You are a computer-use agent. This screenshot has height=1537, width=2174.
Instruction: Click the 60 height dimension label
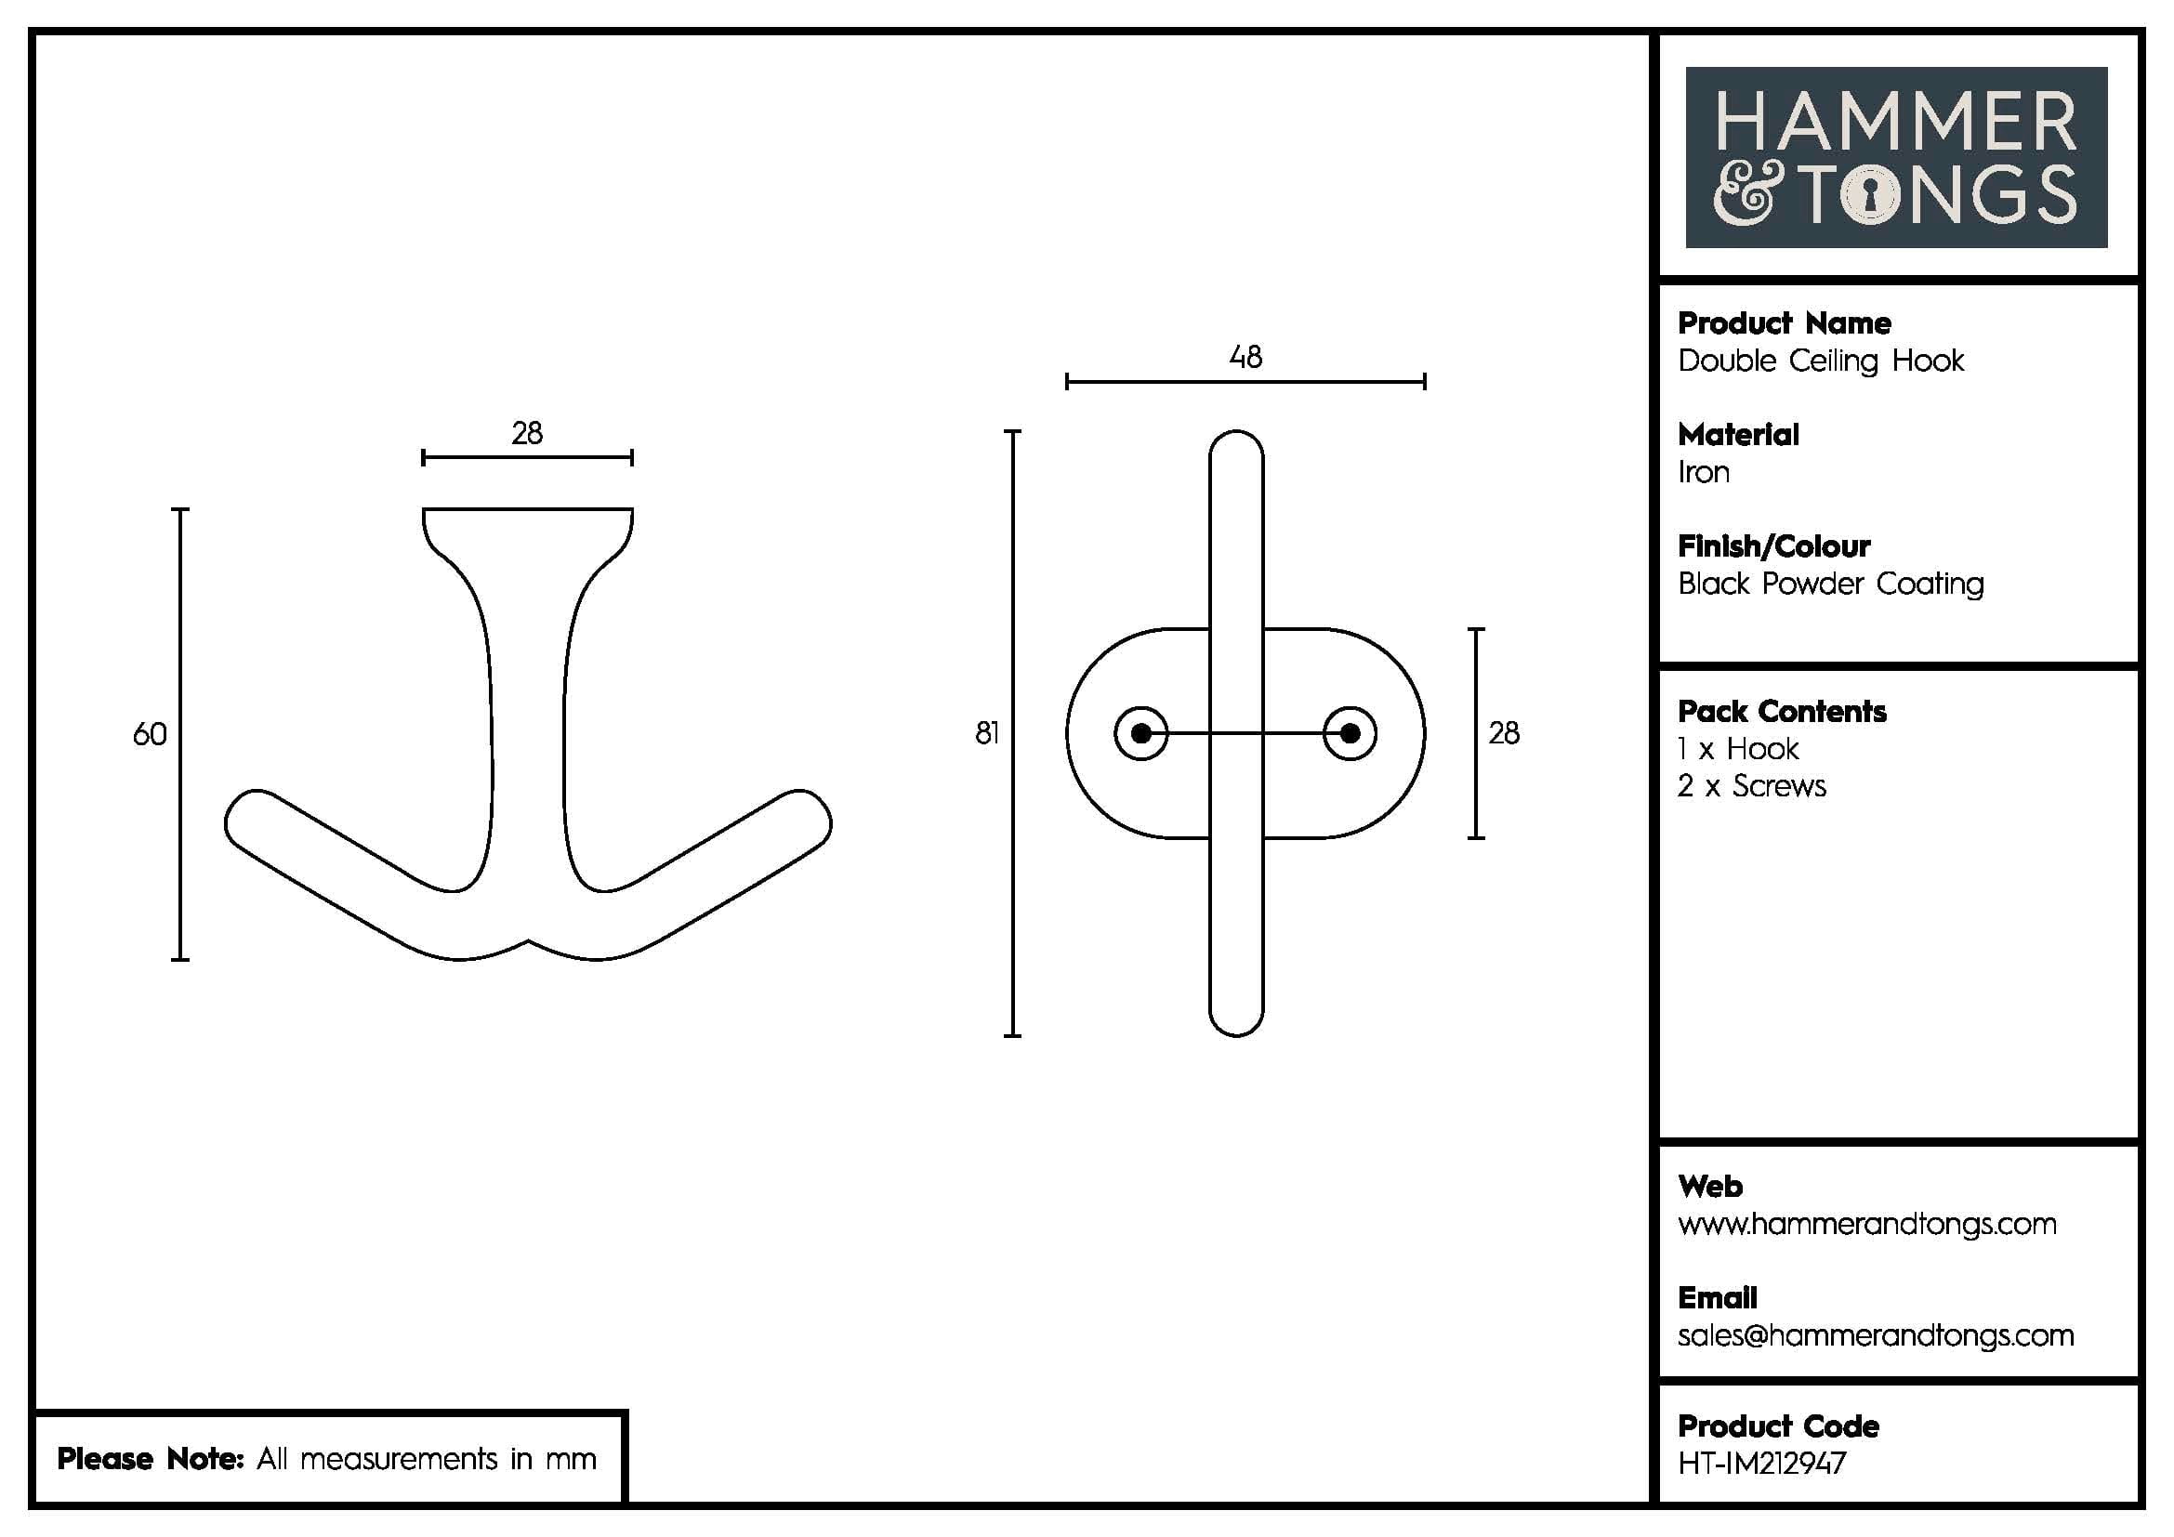(150, 734)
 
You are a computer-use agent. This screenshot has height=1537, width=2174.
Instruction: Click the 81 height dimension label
(987, 733)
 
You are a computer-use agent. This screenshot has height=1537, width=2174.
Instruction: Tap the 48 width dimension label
(1245, 357)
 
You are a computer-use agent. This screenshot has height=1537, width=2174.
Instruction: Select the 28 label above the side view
(527, 433)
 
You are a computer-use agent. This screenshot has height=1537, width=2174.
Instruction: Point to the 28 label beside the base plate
(1504, 733)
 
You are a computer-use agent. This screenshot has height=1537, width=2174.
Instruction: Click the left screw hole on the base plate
(1141, 733)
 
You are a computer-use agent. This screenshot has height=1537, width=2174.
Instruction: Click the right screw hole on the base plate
(1351, 733)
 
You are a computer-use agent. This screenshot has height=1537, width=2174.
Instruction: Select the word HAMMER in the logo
(1895, 122)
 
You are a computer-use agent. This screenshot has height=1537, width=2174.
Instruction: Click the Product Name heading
(1784, 323)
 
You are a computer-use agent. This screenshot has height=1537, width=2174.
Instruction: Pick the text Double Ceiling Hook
(1820, 361)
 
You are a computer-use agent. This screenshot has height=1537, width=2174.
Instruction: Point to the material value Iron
(1704, 472)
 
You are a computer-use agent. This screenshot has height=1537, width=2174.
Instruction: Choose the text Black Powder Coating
(1830, 584)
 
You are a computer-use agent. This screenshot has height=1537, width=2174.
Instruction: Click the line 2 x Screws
(1752, 786)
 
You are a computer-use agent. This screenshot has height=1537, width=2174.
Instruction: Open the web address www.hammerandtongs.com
(1866, 1225)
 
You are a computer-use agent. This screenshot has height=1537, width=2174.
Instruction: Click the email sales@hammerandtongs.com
(1875, 1335)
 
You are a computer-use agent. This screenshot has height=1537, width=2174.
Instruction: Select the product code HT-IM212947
(1761, 1465)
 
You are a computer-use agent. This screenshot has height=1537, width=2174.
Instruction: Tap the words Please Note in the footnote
(151, 1459)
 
